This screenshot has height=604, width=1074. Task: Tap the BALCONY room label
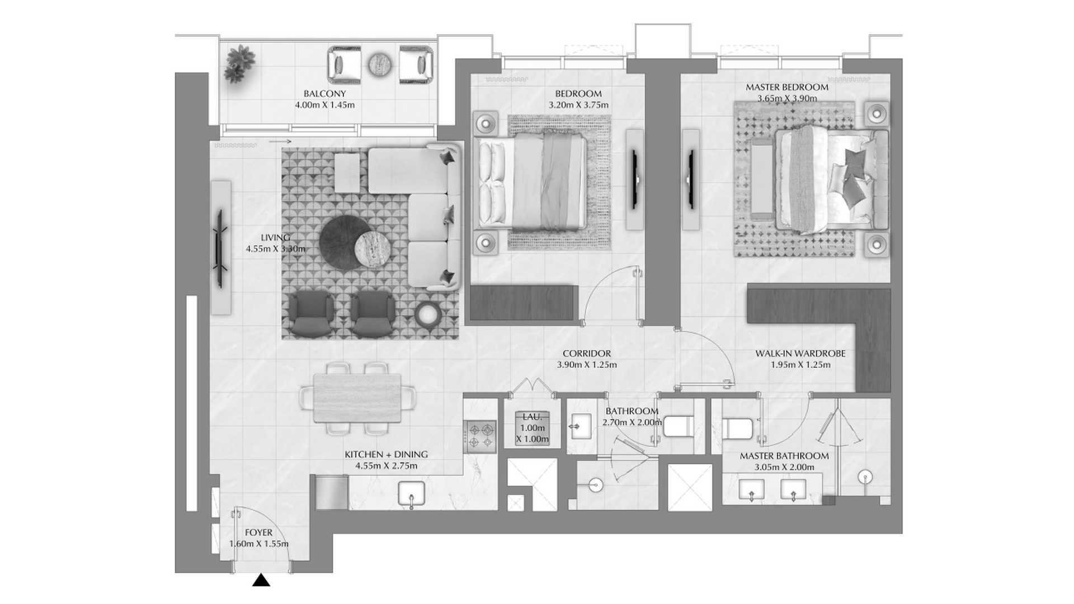click(x=324, y=94)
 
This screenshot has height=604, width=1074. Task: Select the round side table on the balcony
click(x=381, y=64)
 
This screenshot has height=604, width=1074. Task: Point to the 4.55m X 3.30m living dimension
click(x=275, y=249)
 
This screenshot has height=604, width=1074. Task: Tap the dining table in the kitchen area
click(x=358, y=398)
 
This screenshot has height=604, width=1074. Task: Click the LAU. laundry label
click(x=531, y=417)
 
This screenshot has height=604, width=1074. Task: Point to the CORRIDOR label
click(x=587, y=354)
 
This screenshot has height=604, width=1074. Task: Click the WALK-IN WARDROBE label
click(x=800, y=354)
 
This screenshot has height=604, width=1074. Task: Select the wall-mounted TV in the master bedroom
click(x=691, y=179)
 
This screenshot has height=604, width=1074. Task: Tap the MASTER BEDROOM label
click(x=787, y=88)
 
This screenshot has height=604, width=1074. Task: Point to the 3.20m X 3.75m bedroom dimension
click(x=578, y=105)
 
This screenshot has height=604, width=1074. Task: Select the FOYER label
click(x=258, y=533)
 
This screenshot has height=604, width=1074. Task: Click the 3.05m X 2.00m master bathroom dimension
click(x=784, y=468)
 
